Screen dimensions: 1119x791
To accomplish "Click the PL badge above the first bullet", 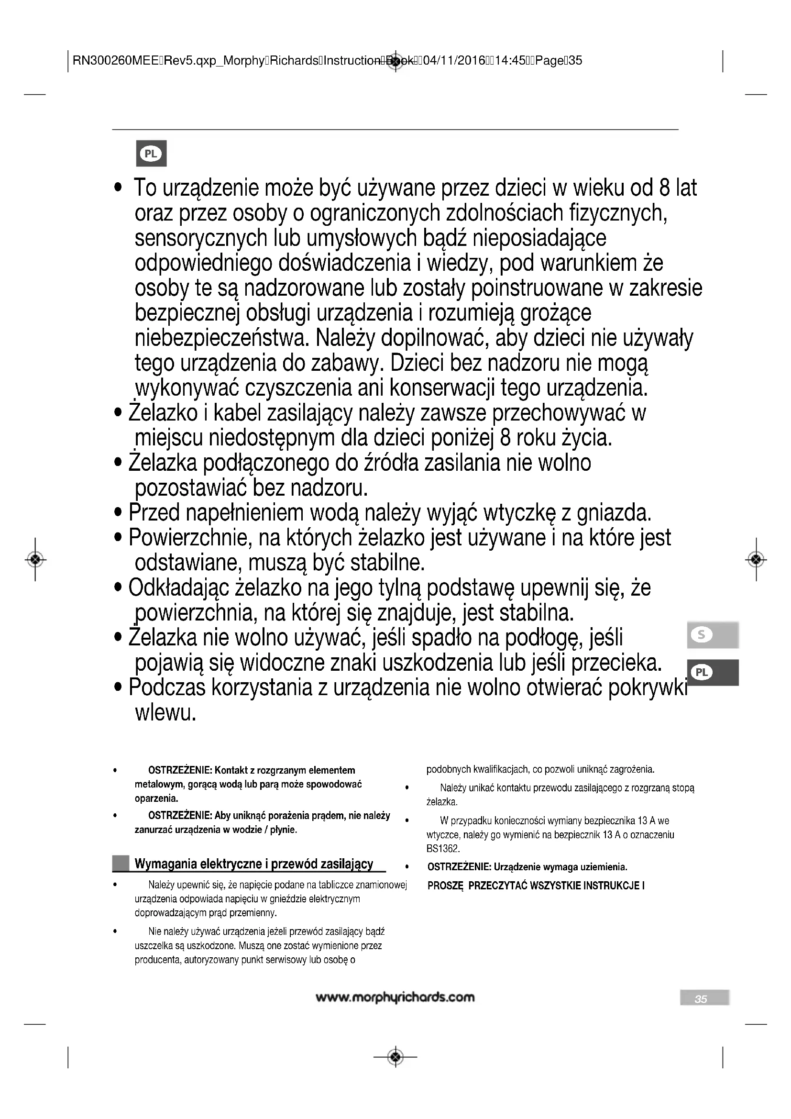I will pyautogui.click(x=151, y=154).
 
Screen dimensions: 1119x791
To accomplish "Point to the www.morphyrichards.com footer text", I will pyautogui.click(x=395, y=997).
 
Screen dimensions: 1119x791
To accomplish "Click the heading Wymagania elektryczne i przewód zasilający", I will pyautogui.click(x=254, y=864).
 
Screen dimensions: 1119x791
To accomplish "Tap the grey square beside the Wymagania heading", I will pyautogui.click(x=121, y=864).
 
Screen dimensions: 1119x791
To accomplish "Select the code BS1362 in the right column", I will pyautogui.click(x=443, y=849).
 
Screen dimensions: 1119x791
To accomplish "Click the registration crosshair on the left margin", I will pyautogui.click(x=35, y=560).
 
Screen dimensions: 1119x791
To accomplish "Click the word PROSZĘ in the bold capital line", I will pyautogui.click(x=445, y=886).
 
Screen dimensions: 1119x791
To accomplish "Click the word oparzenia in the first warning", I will pyautogui.click(x=156, y=798).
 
